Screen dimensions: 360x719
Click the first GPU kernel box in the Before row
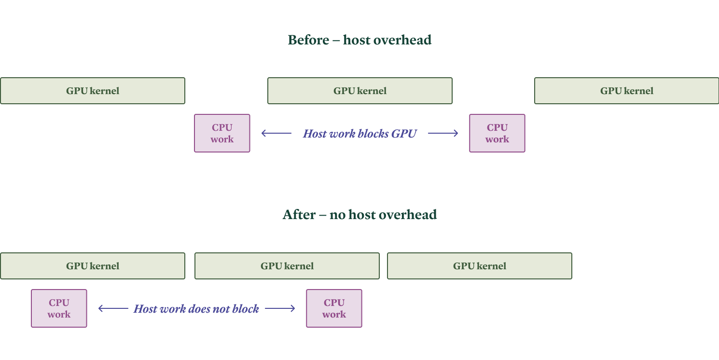click(x=93, y=91)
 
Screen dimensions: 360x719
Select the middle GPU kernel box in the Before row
click(x=360, y=91)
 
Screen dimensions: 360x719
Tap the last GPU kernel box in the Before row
click(x=626, y=91)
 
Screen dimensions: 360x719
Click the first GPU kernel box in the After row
click(x=93, y=266)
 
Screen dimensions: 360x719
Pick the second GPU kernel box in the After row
click(x=287, y=266)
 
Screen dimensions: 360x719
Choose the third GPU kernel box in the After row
click(x=479, y=266)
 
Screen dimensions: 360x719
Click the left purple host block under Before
click(x=222, y=133)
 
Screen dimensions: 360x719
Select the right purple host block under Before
click(x=497, y=133)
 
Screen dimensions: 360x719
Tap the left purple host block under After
click(x=59, y=308)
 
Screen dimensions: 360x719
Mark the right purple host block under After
click(x=334, y=308)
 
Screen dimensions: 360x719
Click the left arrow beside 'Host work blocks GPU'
click(x=276, y=133)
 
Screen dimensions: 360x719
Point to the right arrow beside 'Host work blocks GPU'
click(x=443, y=133)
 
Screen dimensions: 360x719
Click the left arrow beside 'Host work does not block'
click(x=113, y=308)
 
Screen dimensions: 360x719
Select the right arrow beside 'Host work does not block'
click(x=280, y=308)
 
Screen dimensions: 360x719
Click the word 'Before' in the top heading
click(x=308, y=40)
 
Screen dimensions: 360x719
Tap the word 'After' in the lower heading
click(x=299, y=215)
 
